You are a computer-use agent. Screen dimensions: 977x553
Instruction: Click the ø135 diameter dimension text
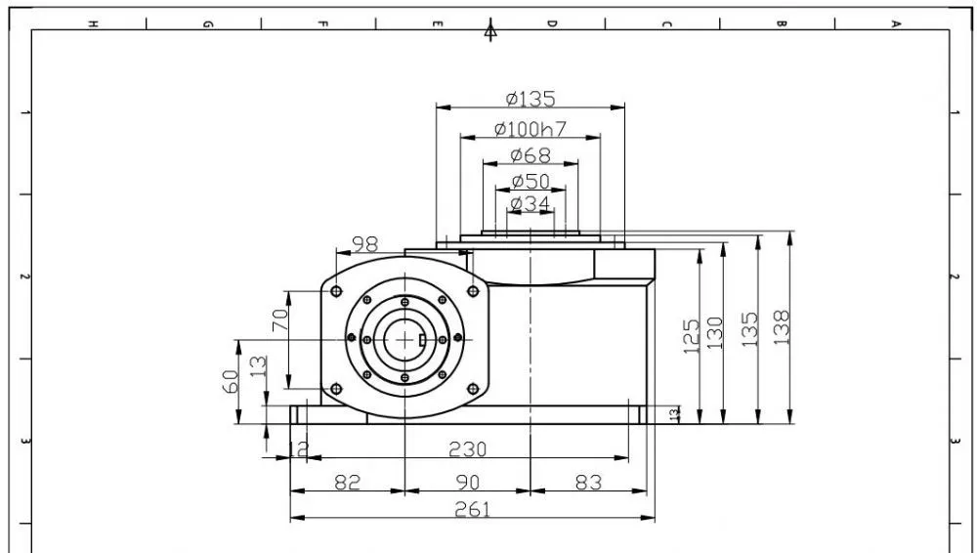pyautogui.click(x=531, y=99)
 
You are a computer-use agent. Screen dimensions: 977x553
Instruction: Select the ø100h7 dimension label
pyautogui.click(x=531, y=128)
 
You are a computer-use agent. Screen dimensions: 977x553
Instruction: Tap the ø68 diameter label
pyautogui.click(x=531, y=155)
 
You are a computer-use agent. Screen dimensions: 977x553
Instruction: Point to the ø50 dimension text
pyautogui.click(x=531, y=182)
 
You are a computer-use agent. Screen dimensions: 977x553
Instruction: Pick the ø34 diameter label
pyautogui.click(x=531, y=203)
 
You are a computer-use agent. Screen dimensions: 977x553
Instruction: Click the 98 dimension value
pyautogui.click(x=364, y=242)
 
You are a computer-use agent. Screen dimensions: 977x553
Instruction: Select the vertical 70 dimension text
pyautogui.click(x=279, y=321)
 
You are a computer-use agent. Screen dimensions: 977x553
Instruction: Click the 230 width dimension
pyautogui.click(x=467, y=448)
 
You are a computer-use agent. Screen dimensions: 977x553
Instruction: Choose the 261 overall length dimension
pyautogui.click(x=473, y=509)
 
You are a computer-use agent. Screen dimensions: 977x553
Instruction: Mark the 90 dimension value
pyautogui.click(x=468, y=482)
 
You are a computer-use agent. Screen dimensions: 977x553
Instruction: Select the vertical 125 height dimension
pyautogui.click(x=691, y=337)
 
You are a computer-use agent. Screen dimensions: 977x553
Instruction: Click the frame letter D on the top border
pyautogui.click(x=551, y=23)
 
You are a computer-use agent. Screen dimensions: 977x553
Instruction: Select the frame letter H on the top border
pyautogui.click(x=92, y=23)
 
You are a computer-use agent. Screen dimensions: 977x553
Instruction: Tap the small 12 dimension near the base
pyautogui.click(x=300, y=448)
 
